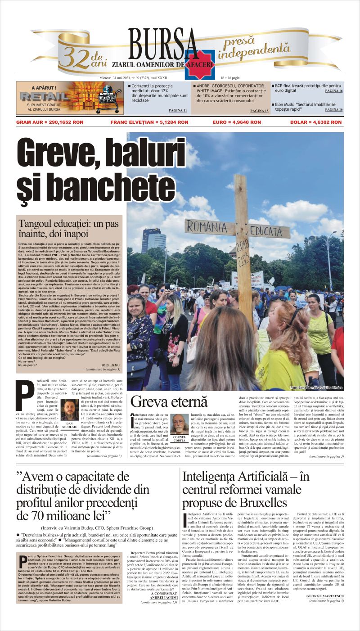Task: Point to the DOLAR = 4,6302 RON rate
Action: [x=317, y=122]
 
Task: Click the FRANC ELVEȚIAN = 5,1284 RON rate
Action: [x=149, y=122]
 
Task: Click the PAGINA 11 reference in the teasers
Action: [x=178, y=110]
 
